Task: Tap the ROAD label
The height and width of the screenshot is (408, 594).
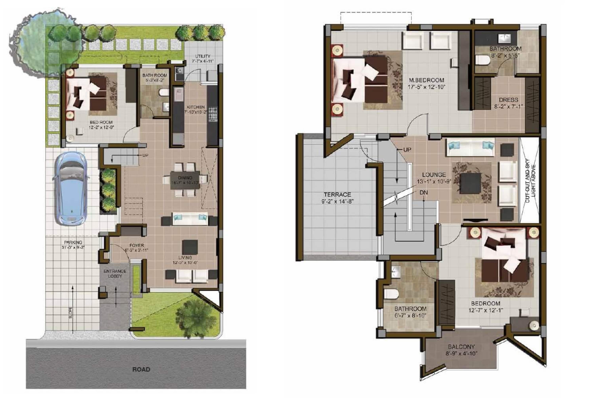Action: click(141, 369)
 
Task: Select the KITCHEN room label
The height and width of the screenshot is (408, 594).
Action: click(196, 107)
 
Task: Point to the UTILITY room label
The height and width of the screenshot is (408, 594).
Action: click(203, 56)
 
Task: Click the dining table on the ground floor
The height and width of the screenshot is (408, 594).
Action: click(185, 180)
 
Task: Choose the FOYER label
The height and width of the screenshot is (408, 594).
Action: click(137, 245)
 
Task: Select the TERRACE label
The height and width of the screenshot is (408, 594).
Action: click(337, 195)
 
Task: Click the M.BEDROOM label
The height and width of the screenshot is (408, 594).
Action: click(426, 80)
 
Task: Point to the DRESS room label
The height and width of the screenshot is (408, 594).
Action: click(508, 100)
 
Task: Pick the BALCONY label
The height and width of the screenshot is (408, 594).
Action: click(461, 347)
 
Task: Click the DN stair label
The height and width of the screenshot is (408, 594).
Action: click(424, 192)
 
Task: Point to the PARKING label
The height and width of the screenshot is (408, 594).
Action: click(73, 242)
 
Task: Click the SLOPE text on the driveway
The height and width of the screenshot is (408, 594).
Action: click(70, 312)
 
